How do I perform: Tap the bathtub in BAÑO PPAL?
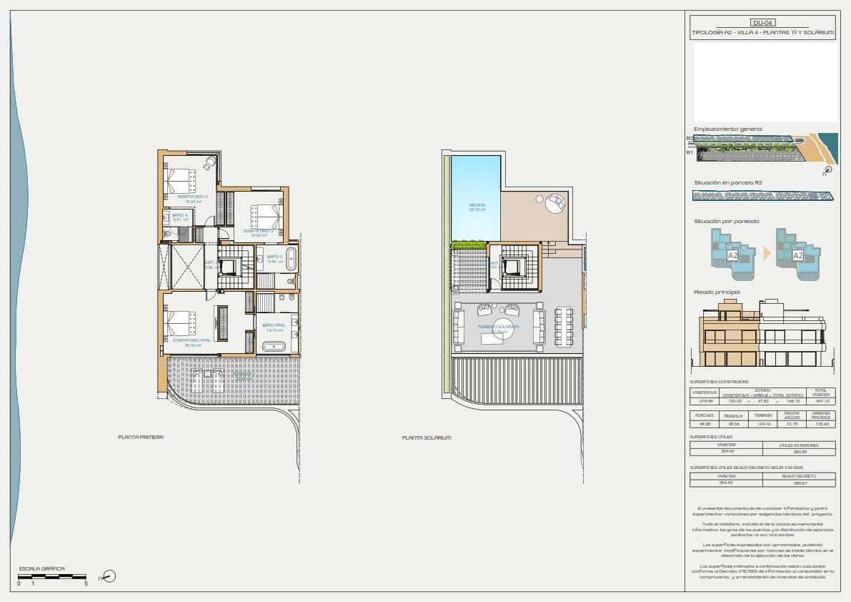(x=274, y=347)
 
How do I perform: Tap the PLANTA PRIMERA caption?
(x=141, y=437)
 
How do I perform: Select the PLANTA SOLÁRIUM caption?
(x=427, y=438)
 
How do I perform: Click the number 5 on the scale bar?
(x=86, y=584)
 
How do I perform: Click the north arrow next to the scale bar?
(x=109, y=576)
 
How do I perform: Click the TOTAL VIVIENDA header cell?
(x=820, y=393)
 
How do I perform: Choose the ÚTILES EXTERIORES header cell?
(x=799, y=445)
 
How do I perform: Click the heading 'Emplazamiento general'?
(x=727, y=129)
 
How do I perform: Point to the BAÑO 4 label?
(x=179, y=214)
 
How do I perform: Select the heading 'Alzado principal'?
(x=717, y=292)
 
